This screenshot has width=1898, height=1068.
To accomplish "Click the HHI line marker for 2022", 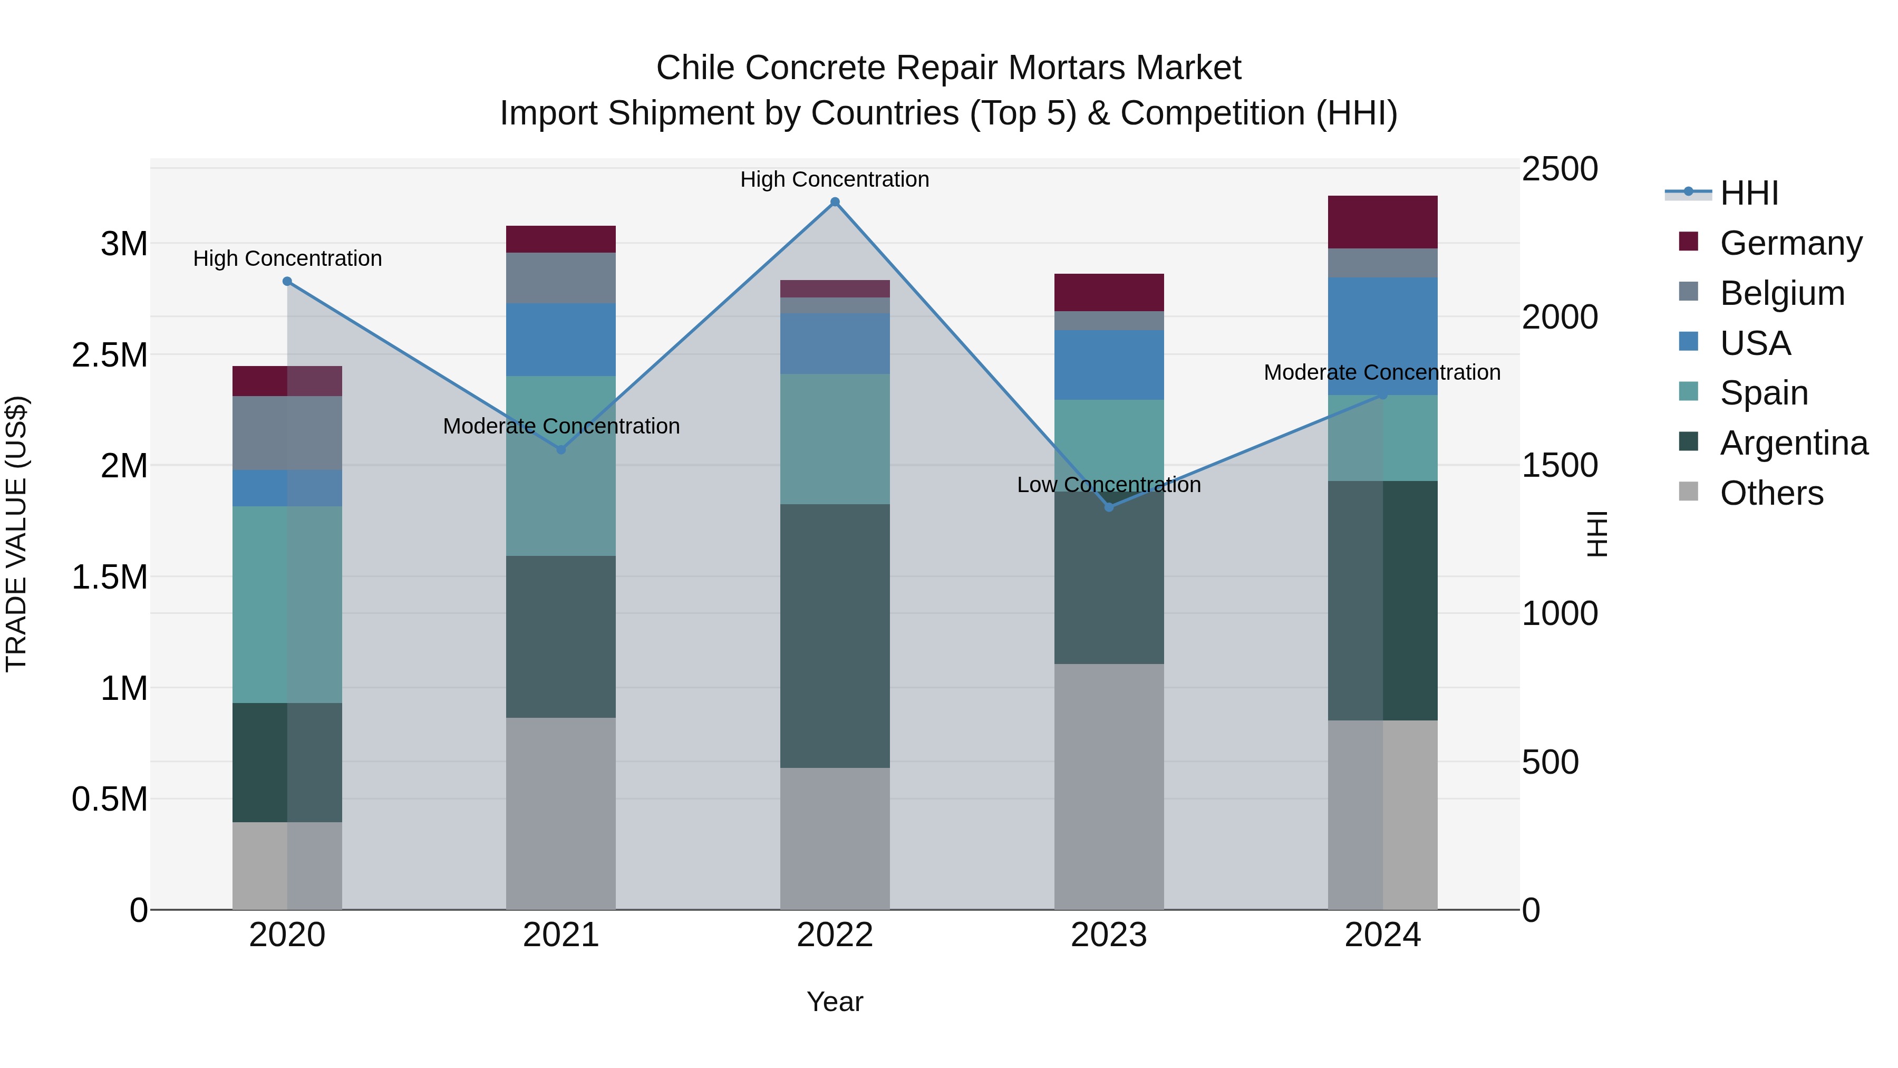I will [x=835, y=202].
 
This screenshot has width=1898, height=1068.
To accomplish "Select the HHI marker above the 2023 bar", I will [x=1109, y=507].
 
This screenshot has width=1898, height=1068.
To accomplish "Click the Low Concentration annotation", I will [x=1109, y=485].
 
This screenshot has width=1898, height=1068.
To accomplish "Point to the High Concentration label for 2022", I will [x=835, y=179].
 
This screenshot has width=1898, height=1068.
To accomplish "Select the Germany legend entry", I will [x=1790, y=243].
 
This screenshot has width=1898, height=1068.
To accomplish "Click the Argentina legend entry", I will [x=1794, y=443].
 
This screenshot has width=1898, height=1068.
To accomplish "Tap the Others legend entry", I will [x=1771, y=493].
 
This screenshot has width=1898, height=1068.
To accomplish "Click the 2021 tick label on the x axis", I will [x=561, y=935].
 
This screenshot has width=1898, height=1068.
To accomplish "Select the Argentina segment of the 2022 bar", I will [x=835, y=636].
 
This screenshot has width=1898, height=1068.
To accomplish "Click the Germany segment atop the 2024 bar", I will [x=1382, y=222].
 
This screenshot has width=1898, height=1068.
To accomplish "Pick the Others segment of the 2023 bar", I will [x=1109, y=786].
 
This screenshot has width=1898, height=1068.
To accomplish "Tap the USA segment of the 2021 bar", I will [x=561, y=340].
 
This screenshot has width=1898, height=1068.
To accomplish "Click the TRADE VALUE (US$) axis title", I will [x=16, y=534].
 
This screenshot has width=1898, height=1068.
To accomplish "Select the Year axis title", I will [x=835, y=1002].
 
